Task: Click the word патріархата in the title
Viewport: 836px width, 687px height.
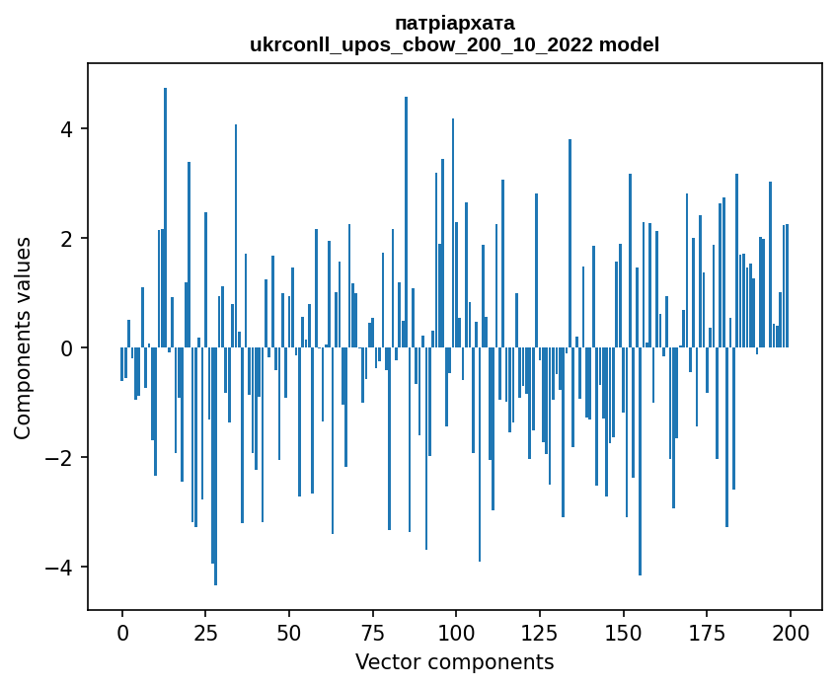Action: (454, 23)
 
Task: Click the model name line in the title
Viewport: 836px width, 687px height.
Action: (454, 44)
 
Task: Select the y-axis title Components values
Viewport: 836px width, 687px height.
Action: (23, 338)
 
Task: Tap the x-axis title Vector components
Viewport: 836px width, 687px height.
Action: (454, 661)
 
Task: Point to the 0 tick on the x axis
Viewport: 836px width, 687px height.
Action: (122, 632)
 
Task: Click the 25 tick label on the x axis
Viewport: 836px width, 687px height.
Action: (205, 632)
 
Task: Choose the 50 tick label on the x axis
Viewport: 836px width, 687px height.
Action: (289, 632)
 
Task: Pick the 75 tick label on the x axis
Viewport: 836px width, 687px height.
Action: (373, 632)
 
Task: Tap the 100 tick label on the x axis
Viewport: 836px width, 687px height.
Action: (456, 632)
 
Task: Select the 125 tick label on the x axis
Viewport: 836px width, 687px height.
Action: (540, 632)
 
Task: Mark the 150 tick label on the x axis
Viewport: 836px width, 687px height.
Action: (623, 632)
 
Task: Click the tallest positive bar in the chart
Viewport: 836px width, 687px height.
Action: (166, 217)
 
